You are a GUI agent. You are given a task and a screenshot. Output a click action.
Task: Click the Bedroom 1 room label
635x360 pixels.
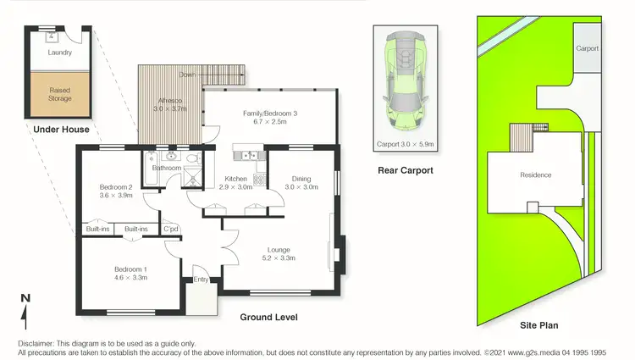pyautogui.click(x=130, y=269)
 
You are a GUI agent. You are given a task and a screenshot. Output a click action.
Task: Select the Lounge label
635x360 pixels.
pyautogui.click(x=279, y=250)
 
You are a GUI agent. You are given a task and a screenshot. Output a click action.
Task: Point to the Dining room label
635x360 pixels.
pyautogui.click(x=301, y=178)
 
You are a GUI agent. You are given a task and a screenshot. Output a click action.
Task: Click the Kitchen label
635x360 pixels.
pyautogui.click(x=235, y=178)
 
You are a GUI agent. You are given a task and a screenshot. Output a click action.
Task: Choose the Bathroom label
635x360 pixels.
pyautogui.click(x=166, y=168)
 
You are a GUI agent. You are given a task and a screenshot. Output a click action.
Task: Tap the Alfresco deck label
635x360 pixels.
pyautogui.click(x=169, y=100)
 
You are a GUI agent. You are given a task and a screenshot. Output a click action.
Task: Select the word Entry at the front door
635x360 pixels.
pyautogui.click(x=201, y=280)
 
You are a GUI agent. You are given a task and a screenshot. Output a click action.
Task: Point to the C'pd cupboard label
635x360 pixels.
pyautogui.click(x=171, y=229)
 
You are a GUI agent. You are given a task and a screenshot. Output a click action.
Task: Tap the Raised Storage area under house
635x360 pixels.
pyautogui.click(x=60, y=93)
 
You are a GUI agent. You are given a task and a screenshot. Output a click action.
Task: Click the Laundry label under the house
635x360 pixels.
pyautogui.click(x=59, y=53)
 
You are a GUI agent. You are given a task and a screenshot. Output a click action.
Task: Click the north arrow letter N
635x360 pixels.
pyautogui.click(x=25, y=298)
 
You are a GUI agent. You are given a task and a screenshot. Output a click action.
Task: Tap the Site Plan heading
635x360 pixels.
pyautogui.click(x=538, y=324)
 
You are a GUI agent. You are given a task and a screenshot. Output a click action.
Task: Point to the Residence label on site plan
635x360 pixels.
pyautogui.click(x=535, y=175)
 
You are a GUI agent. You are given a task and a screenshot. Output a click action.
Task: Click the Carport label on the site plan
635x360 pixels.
pyautogui.click(x=588, y=49)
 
